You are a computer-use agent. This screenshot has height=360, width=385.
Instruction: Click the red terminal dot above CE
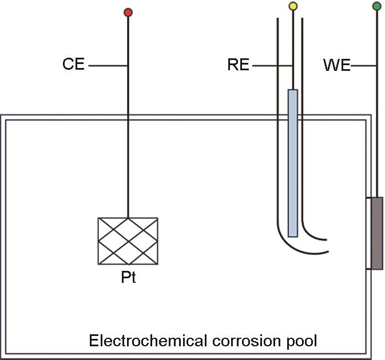(128, 12)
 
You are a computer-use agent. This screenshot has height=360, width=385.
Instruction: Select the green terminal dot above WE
(376, 7)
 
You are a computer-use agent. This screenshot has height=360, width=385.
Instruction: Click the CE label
(73, 65)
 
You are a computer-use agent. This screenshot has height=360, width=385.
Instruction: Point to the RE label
(238, 65)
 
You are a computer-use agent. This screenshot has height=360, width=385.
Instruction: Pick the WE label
(336, 66)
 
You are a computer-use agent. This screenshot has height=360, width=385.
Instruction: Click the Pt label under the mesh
(128, 279)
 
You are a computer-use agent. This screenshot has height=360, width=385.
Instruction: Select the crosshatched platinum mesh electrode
(128, 241)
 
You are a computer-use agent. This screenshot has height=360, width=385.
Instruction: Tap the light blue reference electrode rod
(293, 163)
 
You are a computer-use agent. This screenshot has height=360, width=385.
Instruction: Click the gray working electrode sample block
(376, 233)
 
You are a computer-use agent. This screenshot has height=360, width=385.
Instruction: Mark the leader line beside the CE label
(108, 65)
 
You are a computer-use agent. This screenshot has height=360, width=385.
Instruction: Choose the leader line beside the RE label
(272, 66)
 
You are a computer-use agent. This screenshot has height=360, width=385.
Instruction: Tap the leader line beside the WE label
(363, 66)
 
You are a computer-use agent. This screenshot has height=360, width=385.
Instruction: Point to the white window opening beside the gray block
(368, 233)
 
